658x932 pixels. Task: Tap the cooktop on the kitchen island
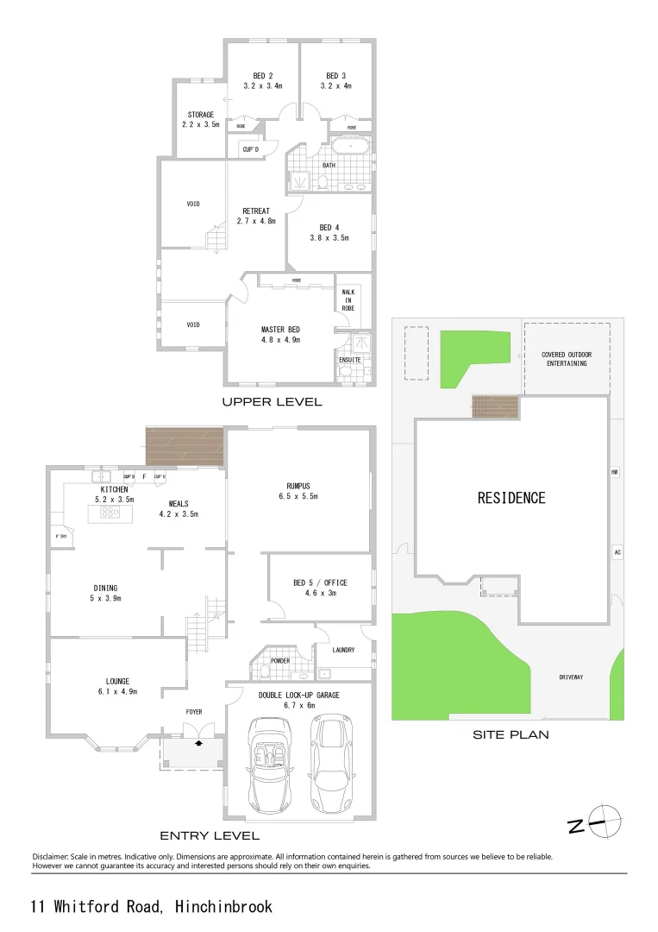(110, 512)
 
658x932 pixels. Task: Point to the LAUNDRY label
(342, 650)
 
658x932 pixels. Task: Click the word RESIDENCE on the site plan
(511, 498)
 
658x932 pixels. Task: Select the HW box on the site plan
(615, 473)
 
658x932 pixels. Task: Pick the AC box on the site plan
(617, 552)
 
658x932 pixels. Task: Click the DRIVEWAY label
(571, 677)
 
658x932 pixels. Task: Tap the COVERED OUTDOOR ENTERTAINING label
(565, 359)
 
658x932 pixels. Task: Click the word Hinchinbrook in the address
(223, 906)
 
